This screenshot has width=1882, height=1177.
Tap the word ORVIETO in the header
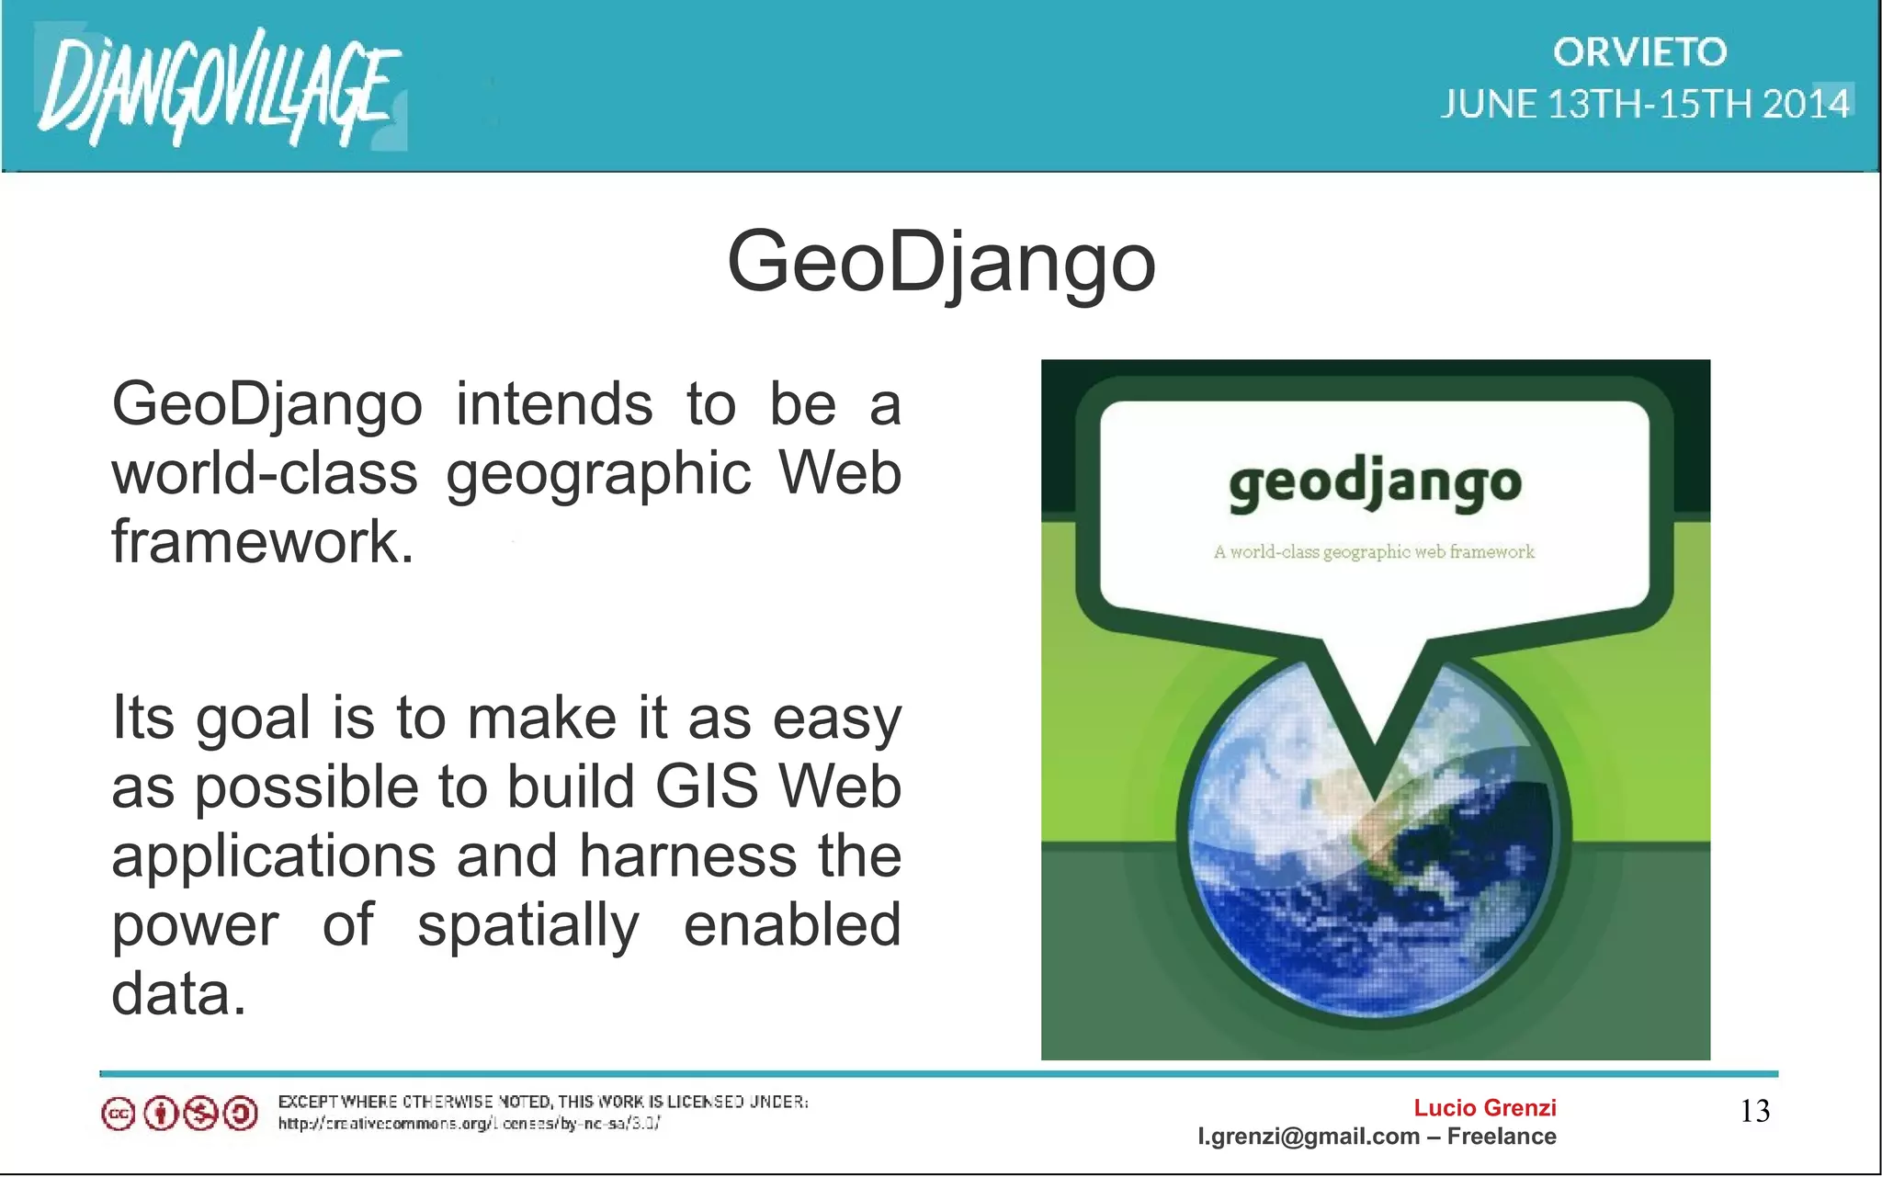pos(1640,52)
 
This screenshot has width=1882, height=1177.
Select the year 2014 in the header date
pos(1805,104)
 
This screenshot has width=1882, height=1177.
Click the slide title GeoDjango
pos(941,262)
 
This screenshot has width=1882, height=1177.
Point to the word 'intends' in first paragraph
pos(554,404)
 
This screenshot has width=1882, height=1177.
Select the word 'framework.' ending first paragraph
pos(263,542)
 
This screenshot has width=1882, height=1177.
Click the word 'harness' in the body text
pos(688,856)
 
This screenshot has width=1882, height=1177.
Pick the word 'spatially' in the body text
pos(528,925)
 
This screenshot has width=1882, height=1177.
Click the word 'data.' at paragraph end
pos(179,994)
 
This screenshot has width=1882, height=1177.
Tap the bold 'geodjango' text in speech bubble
pos(1375,483)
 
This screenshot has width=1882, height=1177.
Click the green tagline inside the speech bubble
pos(1374,552)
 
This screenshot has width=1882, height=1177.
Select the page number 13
pos(1754,1112)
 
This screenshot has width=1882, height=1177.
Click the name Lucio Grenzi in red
pos(1484,1108)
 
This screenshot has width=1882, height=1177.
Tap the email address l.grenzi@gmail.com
pos(1308,1137)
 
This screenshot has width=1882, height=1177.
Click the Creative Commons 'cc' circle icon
pos(118,1115)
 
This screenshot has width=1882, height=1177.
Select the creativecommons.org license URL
pos(469,1123)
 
